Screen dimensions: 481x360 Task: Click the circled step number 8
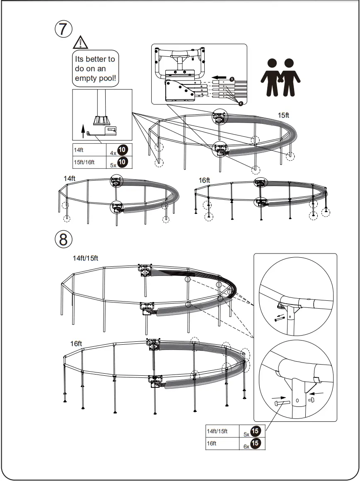(x=63, y=239)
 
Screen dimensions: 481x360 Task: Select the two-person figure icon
(x=280, y=77)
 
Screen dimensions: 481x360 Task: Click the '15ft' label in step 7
(x=284, y=116)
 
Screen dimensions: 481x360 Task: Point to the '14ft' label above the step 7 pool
(x=70, y=178)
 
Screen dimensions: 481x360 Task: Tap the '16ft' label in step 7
(x=204, y=180)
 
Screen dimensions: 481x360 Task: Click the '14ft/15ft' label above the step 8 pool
(x=85, y=259)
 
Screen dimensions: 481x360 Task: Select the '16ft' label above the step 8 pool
(x=77, y=343)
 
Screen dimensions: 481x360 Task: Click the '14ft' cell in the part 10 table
(x=79, y=150)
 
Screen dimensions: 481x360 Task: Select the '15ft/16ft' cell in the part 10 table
(x=84, y=162)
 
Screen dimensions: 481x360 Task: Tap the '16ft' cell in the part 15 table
(x=212, y=443)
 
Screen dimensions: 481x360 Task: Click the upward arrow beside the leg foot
(x=83, y=131)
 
